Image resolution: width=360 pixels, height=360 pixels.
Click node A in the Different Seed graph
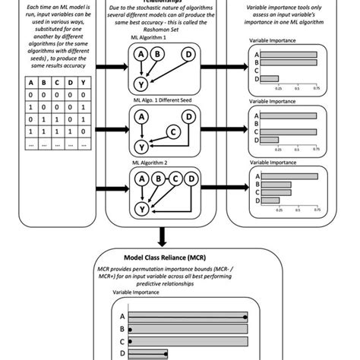click(x=141, y=116)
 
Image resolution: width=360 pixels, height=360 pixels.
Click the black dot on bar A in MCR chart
click(x=245, y=317)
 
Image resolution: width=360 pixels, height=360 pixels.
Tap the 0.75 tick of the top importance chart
click(x=314, y=87)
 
